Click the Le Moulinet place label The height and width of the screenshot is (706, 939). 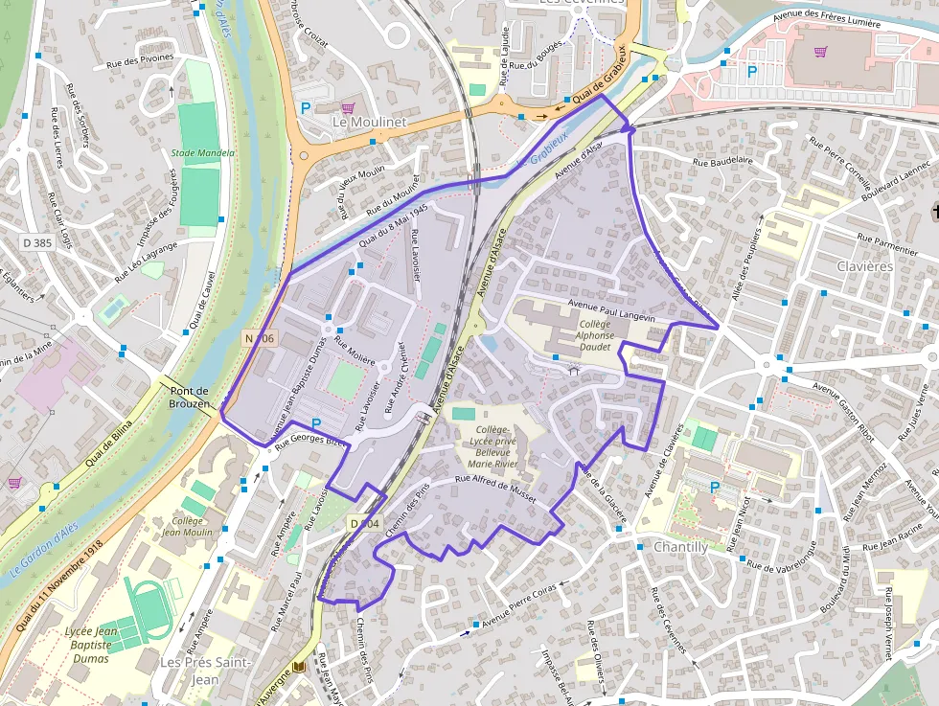(x=369, y=123)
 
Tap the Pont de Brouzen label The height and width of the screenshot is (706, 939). (x=190, y=398)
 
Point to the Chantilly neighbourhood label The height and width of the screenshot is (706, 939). (x=680, y=547)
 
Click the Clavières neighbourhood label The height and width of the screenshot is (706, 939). (x=864, y=266)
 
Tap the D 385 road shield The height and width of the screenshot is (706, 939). (x=36, y=242)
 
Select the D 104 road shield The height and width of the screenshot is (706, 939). (x=365, y=523)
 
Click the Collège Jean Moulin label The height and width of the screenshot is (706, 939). (x=187, y=525)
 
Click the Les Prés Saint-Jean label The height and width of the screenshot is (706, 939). (x=206, y=671)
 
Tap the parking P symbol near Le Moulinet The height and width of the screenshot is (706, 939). (x=306, y=108)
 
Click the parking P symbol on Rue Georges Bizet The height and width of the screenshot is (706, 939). (x=316, y=424)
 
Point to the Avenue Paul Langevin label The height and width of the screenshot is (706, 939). (x=610, y=310)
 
